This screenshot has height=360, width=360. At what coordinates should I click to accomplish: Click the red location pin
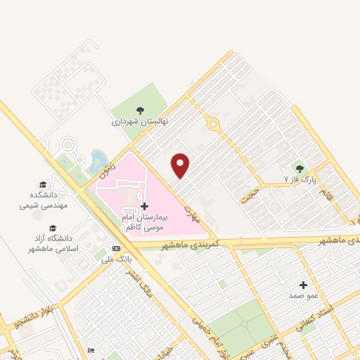[181, 165]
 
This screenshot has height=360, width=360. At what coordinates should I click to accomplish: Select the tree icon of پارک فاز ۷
[300, 168]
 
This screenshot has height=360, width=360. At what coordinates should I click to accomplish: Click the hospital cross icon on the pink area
[145, 206]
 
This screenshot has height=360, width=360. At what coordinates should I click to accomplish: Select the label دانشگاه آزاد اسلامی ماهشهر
[50, 244]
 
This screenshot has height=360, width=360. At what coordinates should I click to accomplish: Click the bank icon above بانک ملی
[115, 248]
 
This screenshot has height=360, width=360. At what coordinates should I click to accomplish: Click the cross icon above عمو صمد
[303, 285]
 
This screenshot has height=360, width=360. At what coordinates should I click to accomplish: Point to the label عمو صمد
[303, 296]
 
